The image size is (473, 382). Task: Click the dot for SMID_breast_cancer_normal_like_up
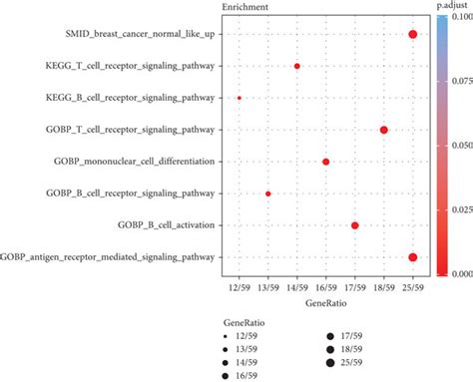coord(413,35)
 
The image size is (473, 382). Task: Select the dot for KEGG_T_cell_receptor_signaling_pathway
coord(297,67)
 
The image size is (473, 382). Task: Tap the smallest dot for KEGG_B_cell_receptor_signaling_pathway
coord(239,98)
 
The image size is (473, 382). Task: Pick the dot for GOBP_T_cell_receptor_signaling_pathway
coord(384,130)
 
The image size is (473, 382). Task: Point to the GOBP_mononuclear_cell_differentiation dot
coord(325,162)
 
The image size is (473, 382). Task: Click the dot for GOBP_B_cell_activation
coord(355,225)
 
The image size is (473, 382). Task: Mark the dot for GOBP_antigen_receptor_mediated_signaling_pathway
coord(413,257)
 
